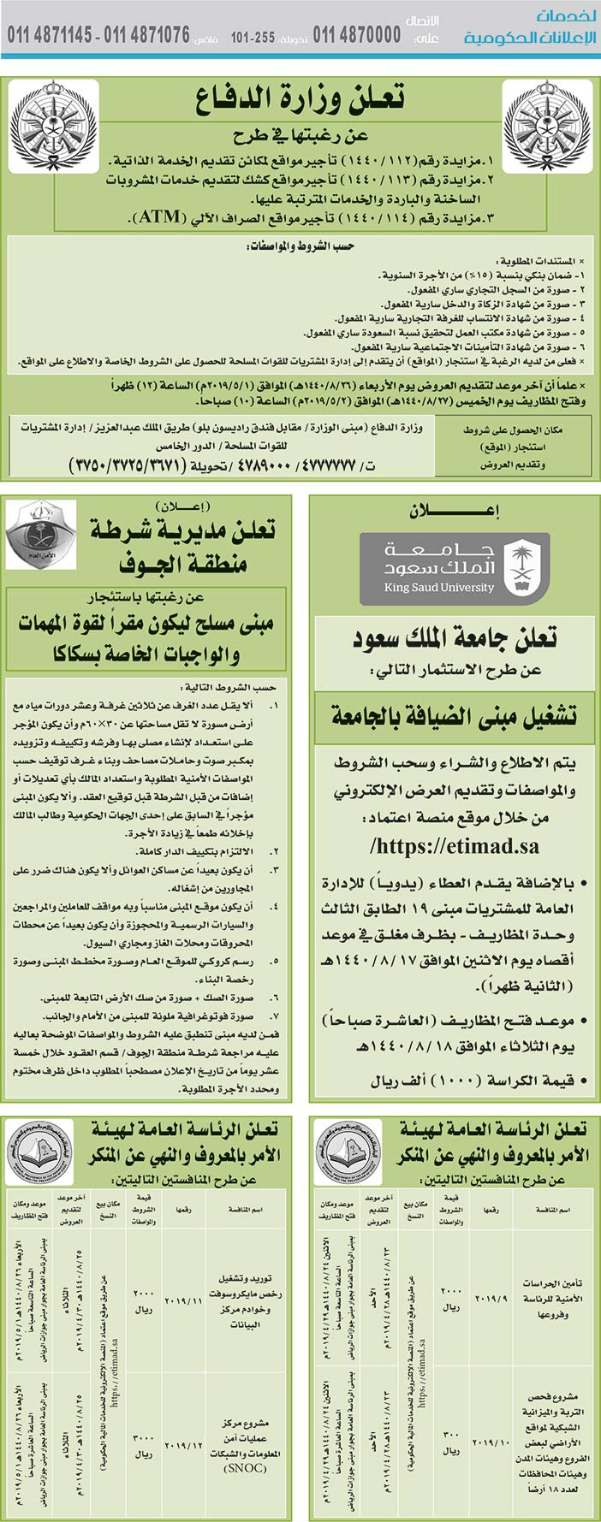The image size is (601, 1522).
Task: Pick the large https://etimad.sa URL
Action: coord(455,846)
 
